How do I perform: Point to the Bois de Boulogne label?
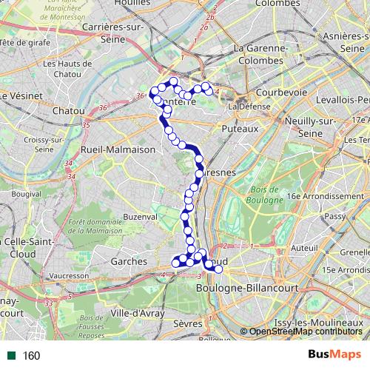(x=264, y=195)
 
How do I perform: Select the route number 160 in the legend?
(x=31, y=356)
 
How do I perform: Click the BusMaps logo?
(x=334, y=355)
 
